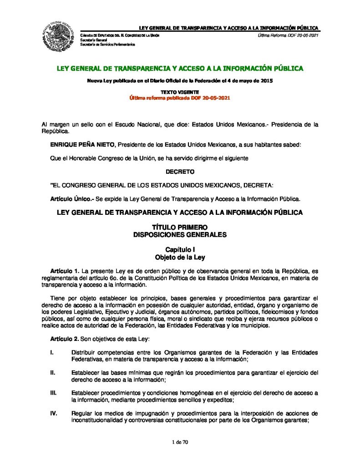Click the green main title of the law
[x=180, y=69]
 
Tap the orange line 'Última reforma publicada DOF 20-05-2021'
[x=180, y=98]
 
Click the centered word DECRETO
[x=180, y=172]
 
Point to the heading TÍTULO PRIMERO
[x=180, y=227]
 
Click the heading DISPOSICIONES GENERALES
[x=180, y=235]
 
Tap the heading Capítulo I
[x=180, y=250]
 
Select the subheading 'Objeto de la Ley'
[x=180, y=257]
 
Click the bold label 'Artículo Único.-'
[x=69, y=199]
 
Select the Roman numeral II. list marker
[x=53, y=373]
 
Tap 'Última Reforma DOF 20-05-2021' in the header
[x=288, y=35]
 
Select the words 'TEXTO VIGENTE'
[x=180, y=92]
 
